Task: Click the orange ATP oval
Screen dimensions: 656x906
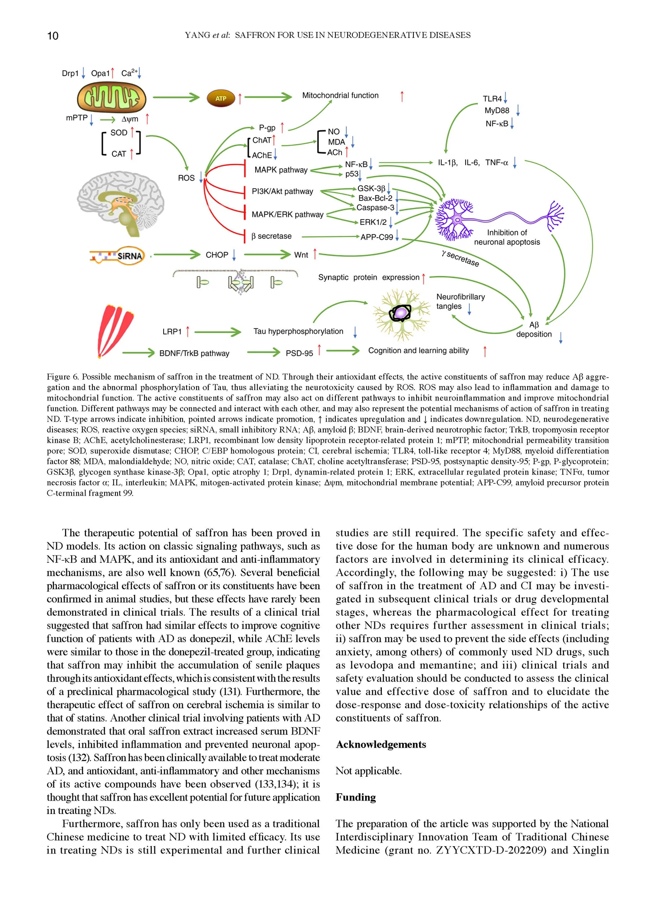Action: (221, 98)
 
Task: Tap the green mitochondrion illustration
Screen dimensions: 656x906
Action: (112, 98)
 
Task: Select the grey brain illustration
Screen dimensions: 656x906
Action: (120, 203)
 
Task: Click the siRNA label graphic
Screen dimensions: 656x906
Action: (117, 256)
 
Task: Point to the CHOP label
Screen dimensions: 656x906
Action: (216, 255)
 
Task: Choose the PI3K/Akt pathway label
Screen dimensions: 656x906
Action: (282, 191)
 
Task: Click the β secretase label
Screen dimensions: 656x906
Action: (271, 236)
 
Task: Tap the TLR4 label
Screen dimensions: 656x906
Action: (492, 99)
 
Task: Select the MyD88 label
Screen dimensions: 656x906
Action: (497, 111)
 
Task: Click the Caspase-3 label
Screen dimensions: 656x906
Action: (375, 208)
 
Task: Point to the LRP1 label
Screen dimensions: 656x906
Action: (172, 332)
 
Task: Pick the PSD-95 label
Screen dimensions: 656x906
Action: (299, 353)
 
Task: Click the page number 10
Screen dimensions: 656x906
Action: (52, 36)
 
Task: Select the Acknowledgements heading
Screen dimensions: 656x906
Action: (381, 745)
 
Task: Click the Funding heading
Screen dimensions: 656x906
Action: (356, 798)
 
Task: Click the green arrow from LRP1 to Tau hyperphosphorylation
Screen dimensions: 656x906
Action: (218, 332)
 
